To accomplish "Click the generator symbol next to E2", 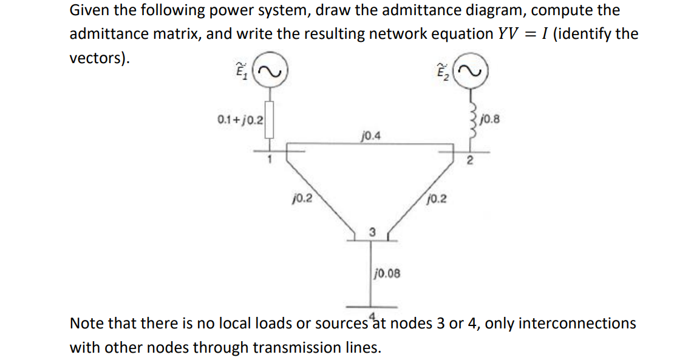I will coord(472,74).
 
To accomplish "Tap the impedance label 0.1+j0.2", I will coord(240,119).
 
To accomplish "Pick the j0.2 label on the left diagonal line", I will coord(302,198).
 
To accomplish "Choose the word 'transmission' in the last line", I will coord(300,348).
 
